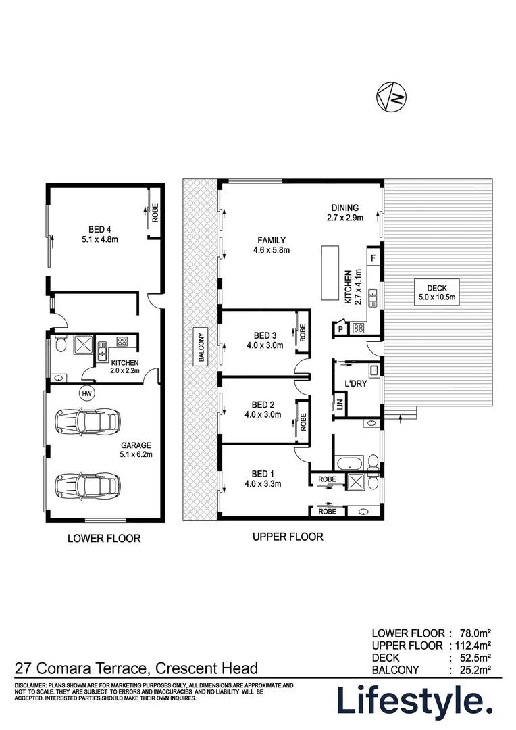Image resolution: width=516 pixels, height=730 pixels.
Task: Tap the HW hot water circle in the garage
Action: click(86, 393)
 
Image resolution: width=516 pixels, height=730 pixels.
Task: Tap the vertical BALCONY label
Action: click(201, 347)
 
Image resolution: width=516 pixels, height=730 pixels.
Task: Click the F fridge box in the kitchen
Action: click(373, 258)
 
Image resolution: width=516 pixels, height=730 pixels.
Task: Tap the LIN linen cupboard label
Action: click(340, 405)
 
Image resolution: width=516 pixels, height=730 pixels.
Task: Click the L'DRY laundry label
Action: click(355, 386)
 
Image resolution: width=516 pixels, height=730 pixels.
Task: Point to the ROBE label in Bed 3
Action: click(303, 332)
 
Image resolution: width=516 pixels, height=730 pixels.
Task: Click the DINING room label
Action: click(344, 208)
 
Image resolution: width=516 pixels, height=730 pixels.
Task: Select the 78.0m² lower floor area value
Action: click(473, 633)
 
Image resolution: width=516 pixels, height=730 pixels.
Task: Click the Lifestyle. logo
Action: click(414, 702)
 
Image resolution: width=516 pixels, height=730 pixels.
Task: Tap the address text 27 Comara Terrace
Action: click(82, 668)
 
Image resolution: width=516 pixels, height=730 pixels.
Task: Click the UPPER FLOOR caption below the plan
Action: click(288, 537)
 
